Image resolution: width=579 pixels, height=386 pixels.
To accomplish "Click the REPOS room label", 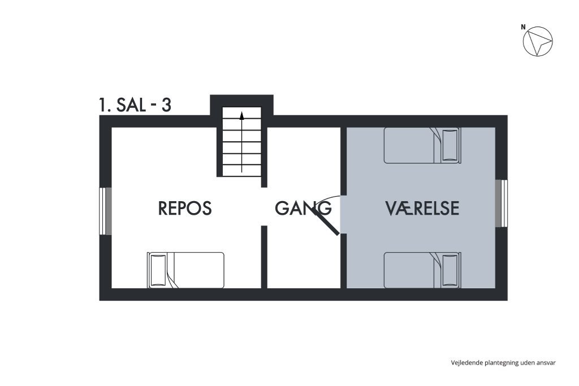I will pos(184,209).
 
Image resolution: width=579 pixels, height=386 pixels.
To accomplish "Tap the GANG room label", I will pos(303,209).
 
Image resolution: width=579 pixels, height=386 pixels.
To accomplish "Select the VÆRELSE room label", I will pos(422,209).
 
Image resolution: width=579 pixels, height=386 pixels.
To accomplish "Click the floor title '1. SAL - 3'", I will pos(135,105).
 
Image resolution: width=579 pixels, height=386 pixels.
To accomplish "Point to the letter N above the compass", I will pos(523,27).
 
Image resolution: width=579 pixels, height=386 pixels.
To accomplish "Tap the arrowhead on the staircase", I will pos(241,116).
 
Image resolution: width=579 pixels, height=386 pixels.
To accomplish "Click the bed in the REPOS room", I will pos(186,270).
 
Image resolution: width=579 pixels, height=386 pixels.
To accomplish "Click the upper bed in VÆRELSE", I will pos(422,145).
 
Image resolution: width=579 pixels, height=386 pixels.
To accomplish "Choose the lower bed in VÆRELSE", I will pos(422,270).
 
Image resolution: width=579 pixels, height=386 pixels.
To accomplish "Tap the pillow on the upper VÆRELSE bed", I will pos(450,145).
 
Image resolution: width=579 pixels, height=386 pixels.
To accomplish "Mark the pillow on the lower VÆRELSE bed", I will pos(450,270).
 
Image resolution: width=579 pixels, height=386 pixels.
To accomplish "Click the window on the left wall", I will pos(105,210).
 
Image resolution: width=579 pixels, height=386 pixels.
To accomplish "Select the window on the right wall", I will pos(502,203).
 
